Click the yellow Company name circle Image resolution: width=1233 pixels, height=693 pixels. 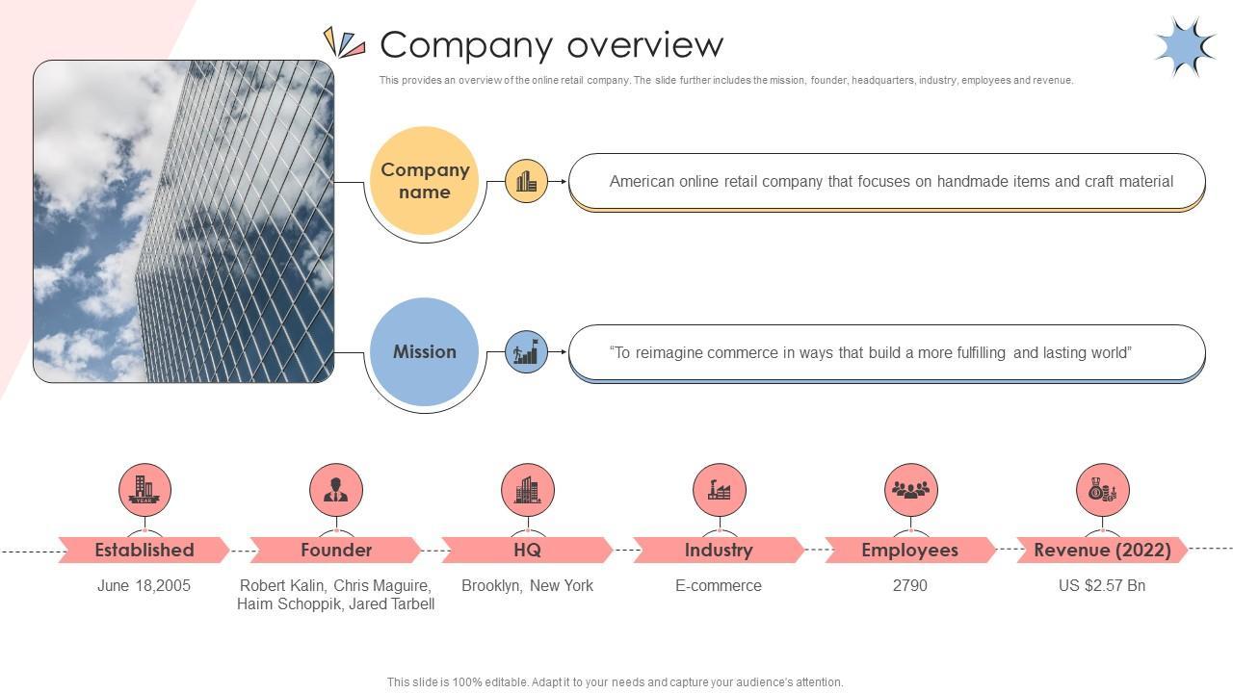coord(424,181)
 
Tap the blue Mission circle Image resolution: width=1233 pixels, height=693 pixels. coord(424,352)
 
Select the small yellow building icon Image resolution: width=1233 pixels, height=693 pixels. coord(526,181)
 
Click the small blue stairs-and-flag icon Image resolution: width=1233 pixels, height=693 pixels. coord(526,352)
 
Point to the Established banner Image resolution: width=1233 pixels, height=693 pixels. coord(144,550)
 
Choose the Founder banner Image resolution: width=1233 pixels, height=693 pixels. coord(336,550)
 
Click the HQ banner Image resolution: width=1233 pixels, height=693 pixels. coord(527,550)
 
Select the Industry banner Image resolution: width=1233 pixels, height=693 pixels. coord(719,550)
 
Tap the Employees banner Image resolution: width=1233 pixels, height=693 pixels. coord(910,550)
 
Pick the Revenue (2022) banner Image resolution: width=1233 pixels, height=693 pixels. coord(1102,550)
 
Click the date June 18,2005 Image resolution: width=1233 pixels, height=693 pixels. coord(144,586)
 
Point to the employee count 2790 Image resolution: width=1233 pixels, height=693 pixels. coord(910,586)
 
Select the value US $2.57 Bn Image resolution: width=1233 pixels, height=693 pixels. coord(1102,586)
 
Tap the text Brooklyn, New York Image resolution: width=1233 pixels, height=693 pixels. coord(527,586)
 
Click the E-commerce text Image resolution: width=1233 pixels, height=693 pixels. coord(719,586)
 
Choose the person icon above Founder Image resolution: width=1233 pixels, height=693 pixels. coord(336,490)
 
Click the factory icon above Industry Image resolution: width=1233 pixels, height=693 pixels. coord(720,490)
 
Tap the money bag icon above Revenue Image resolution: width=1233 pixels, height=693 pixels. coord(1103,490)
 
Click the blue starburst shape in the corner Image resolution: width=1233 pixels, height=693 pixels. coord(1186,47)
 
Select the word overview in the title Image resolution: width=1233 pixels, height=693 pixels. coord(645,45)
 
